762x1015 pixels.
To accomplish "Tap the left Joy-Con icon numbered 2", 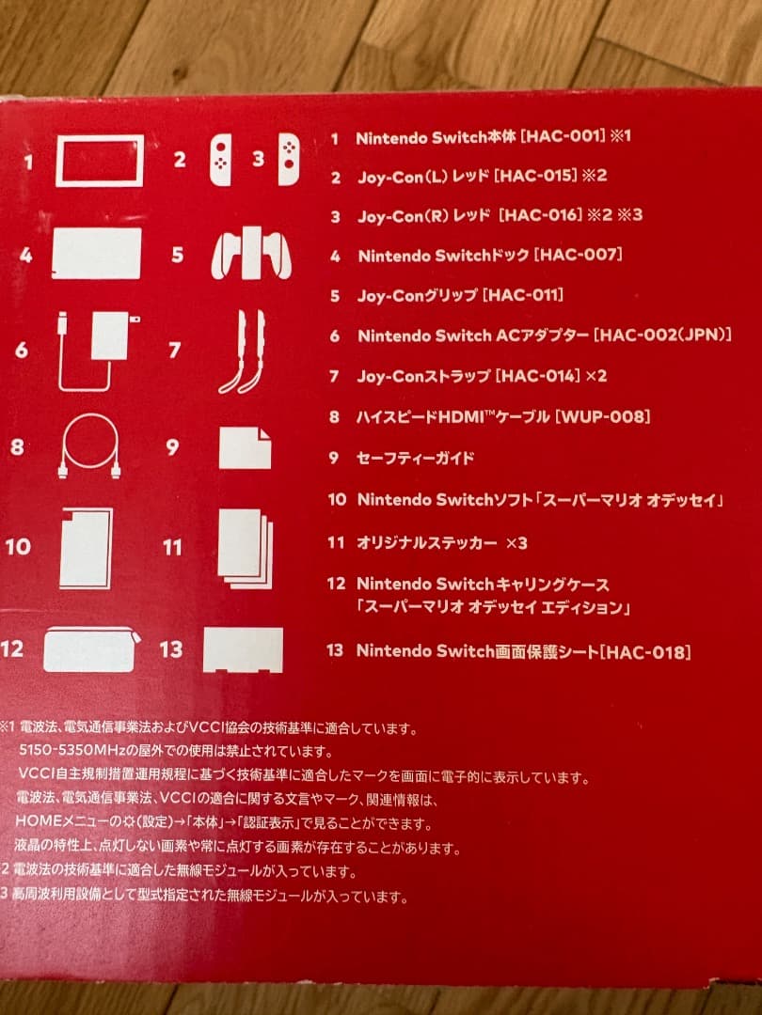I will click(x=220, y=160).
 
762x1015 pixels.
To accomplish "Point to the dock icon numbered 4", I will click(x=96, y=254).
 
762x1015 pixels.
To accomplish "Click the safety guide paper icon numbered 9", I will click(x=245, y=447).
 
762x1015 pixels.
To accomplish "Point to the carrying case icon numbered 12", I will click(x=92, y=649).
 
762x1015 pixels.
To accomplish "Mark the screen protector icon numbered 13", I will click(x=243, y=649).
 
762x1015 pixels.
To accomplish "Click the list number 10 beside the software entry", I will click(x=337, y=500).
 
